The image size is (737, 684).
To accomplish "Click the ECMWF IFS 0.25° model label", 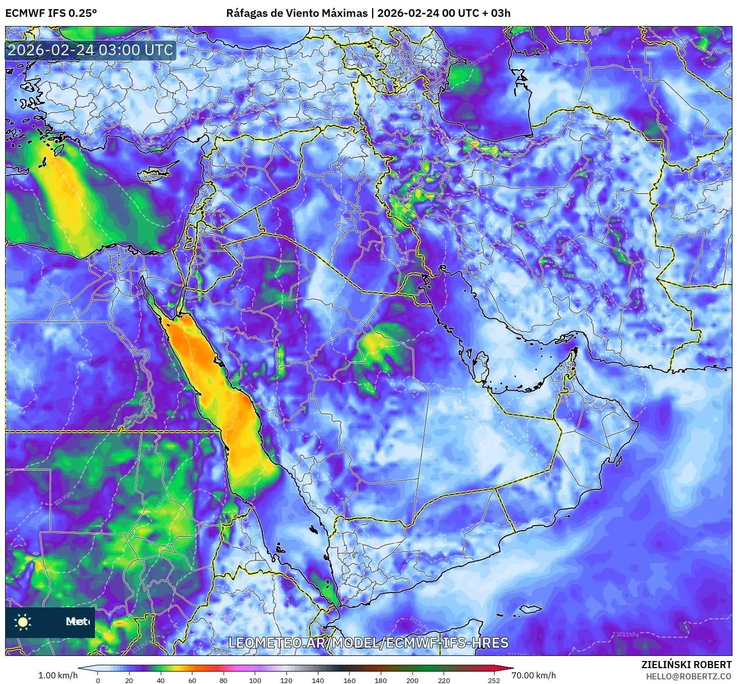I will (51, 13).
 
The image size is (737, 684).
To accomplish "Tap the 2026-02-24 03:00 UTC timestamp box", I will (90, 51).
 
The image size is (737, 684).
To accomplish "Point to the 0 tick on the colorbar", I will (98, 680).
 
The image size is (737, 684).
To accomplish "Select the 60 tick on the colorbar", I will (192, 680).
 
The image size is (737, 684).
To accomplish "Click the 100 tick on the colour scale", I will (255, 680).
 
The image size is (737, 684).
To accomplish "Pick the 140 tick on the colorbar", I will (318, 680).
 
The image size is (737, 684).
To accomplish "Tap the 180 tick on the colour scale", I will (381, 680).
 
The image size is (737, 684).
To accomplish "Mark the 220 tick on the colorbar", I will (444, 680).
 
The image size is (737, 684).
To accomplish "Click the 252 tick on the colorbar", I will (494, 680).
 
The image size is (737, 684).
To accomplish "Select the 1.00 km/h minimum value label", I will (58, 675).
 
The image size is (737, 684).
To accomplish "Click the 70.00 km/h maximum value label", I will (534, 675).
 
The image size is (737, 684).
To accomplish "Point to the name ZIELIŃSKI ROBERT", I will (686, 665).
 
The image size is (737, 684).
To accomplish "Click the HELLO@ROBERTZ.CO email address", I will (689, 676).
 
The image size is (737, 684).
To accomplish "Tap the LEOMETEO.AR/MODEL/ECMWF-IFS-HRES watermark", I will (368, 643).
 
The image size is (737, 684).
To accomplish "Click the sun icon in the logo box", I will (23, 622).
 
